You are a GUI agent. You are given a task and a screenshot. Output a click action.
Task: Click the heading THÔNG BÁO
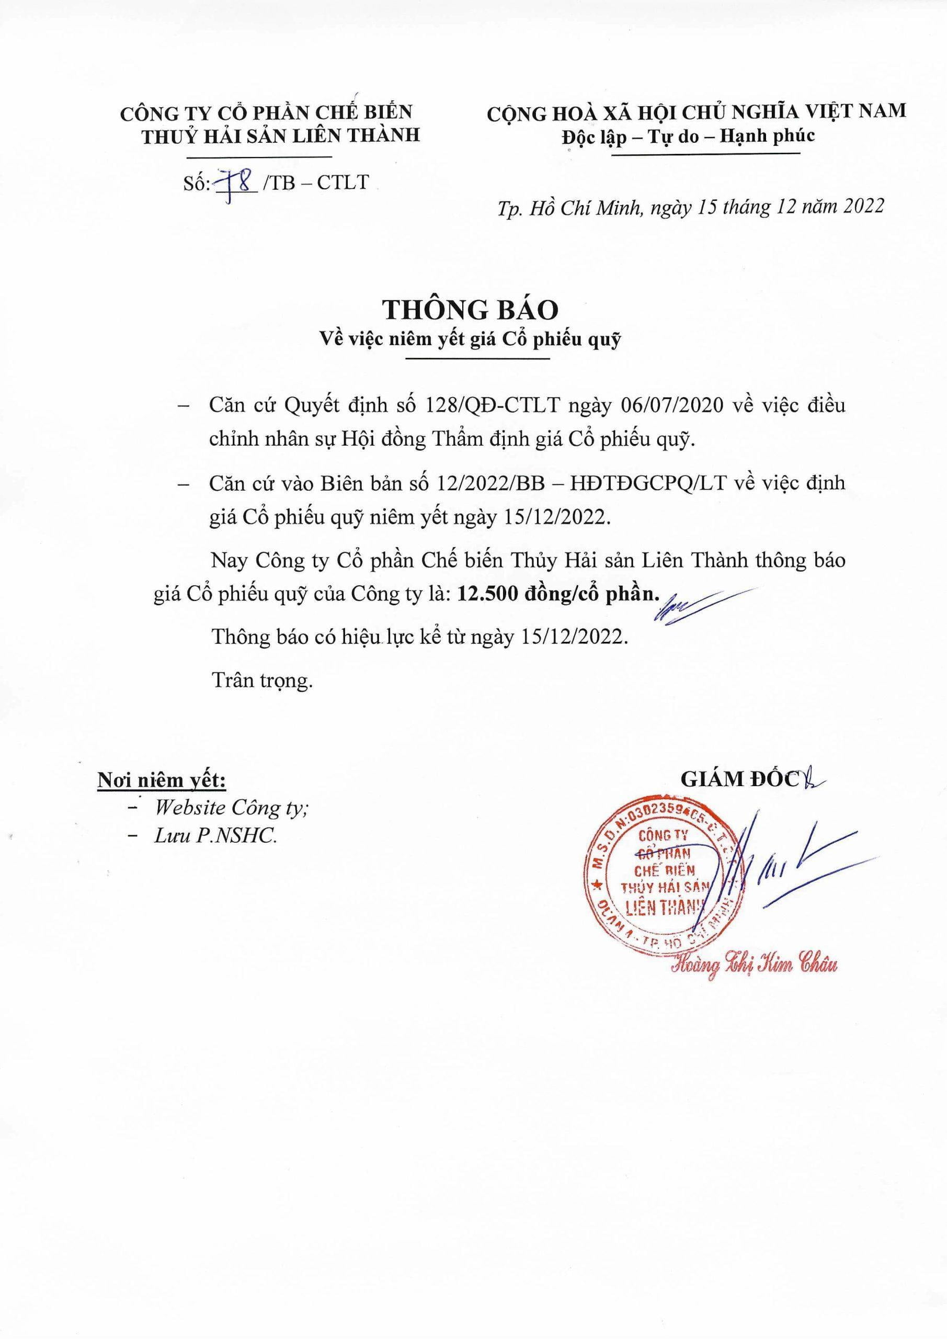(x=470, y=311)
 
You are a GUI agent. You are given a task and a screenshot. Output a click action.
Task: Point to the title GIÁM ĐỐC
(x=739, y=779)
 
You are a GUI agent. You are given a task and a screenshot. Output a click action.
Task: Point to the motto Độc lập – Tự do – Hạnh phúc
(x=688, y=137)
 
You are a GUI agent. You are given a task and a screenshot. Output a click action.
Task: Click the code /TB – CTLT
(x=316, y=183)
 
